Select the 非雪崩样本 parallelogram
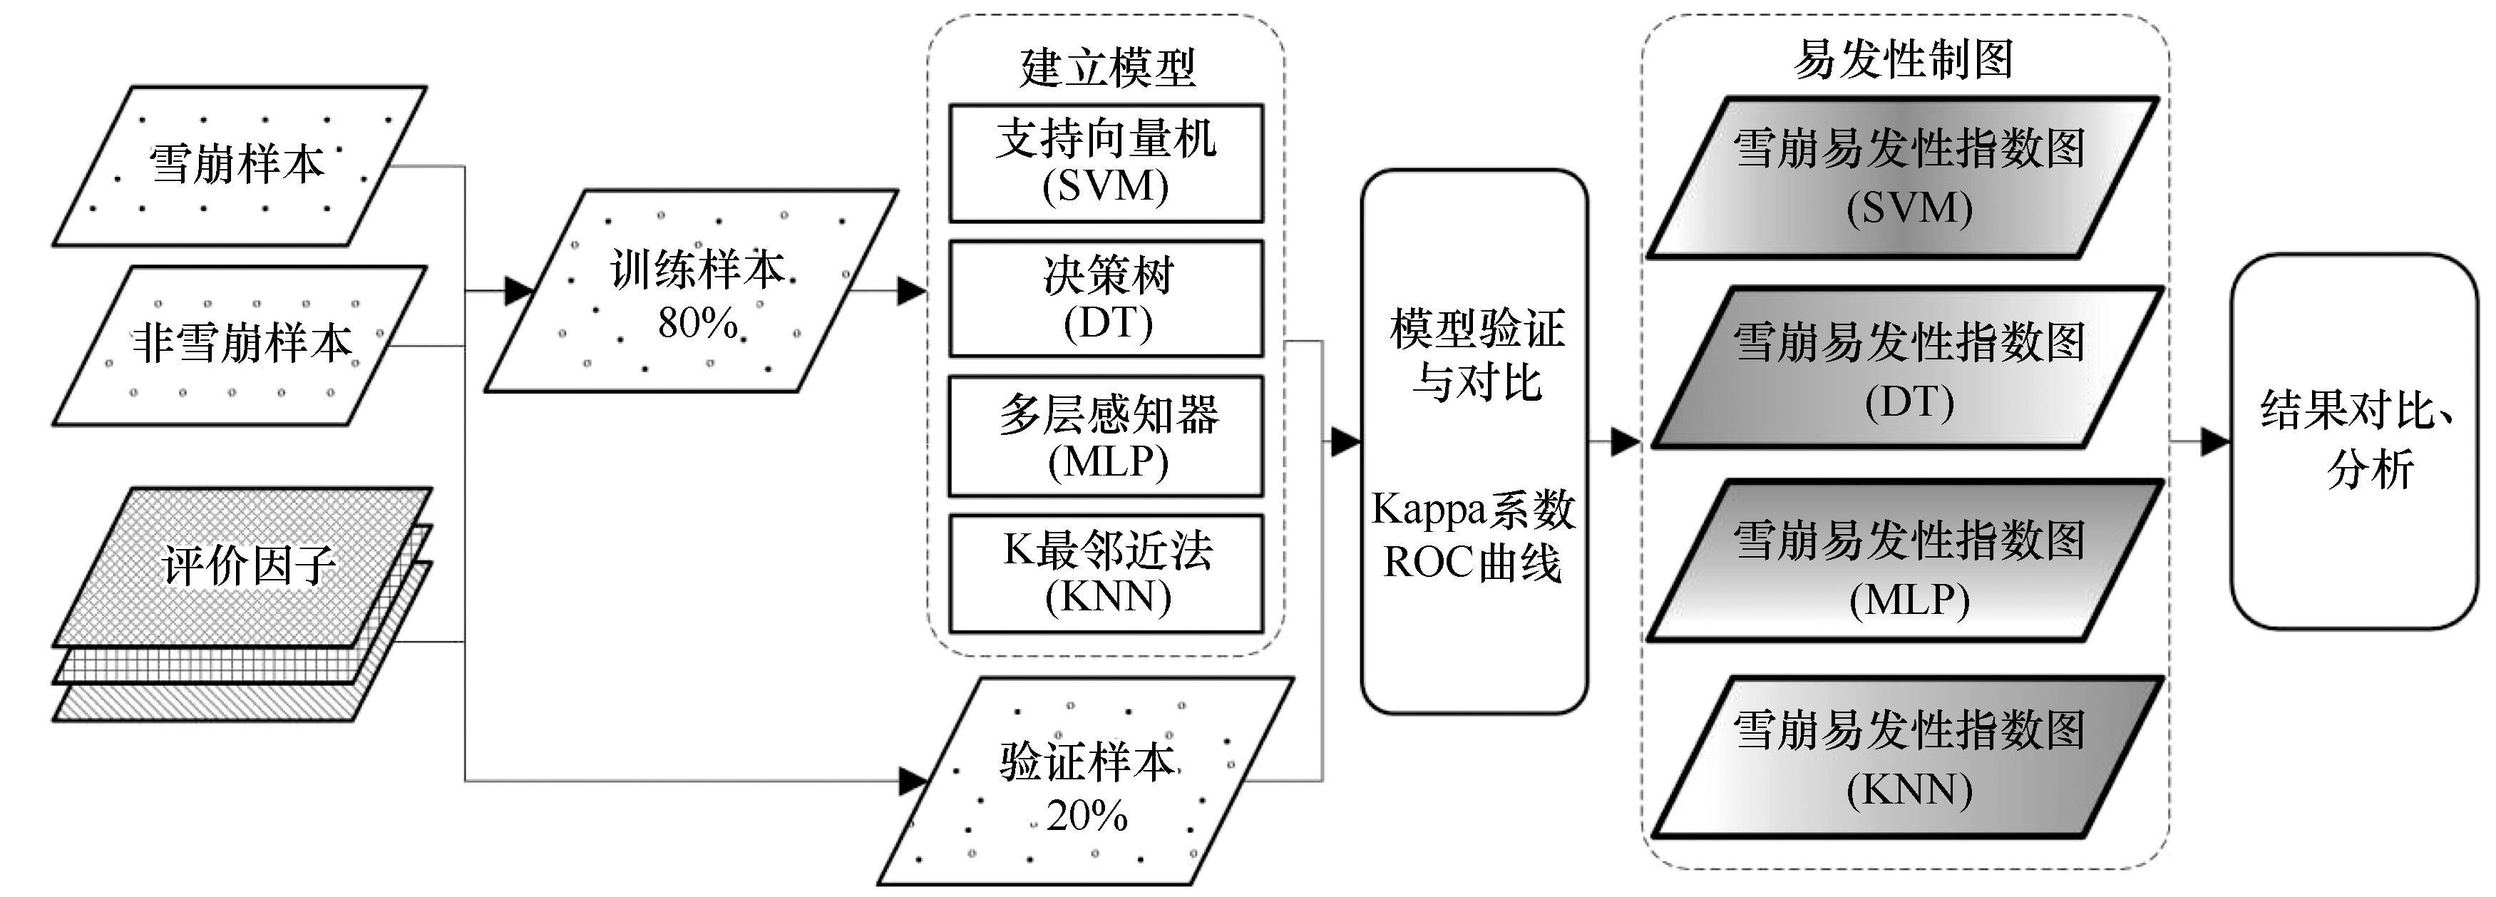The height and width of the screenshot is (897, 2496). pyautogui.click(x=240, y=345)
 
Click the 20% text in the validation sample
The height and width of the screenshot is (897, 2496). pyautogui.click(x=1087, y=816)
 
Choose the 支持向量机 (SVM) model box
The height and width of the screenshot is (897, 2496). pyautogui.click(x=1106, y=163)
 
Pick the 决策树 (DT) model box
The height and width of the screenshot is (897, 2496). pyautogui.click(x=1106, y=298)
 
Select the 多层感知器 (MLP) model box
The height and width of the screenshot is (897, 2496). pyautogui.click(x=1106, y=436)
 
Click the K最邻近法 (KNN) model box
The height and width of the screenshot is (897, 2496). pyautogui.click(x=1106, y=573)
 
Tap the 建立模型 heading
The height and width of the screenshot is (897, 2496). pyautogui.click(x=1106, y=68)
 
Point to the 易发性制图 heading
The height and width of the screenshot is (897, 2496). pyautogui.click(x=1904, y=60)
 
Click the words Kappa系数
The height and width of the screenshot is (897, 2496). pyautogui.click(x=1474, y=510)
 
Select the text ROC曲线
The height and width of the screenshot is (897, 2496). pyautogui.click(x=1473, y=563)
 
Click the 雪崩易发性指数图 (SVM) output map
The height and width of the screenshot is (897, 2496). pyautogui.click(x=1905, y=178)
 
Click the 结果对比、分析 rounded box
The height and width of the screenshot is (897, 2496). pyautogui.click(x=2355, y=441)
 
